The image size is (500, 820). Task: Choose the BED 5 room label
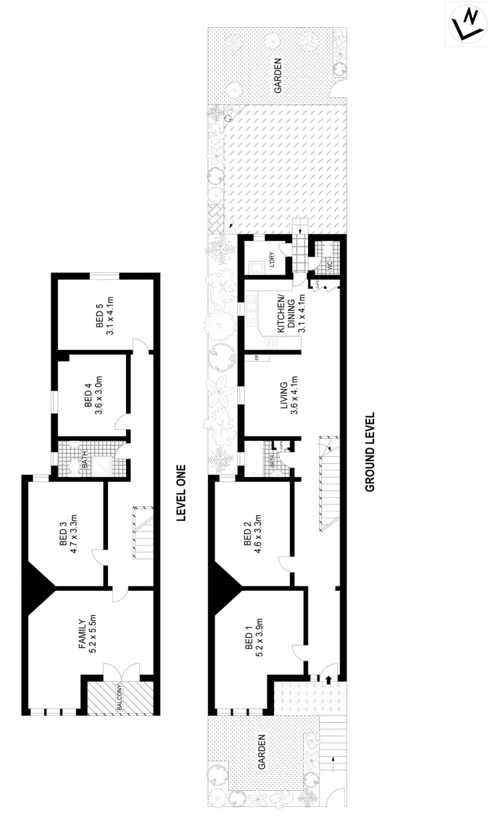(x=101, y=315)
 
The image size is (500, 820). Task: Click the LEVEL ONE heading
(x=180, y=493)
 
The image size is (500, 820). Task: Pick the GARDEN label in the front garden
(x=262, y=752)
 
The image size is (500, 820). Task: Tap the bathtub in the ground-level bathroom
(x=255, y=458)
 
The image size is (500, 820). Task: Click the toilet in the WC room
(x=327, y=250)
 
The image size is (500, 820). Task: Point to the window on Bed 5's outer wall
(x=105, y=277)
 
